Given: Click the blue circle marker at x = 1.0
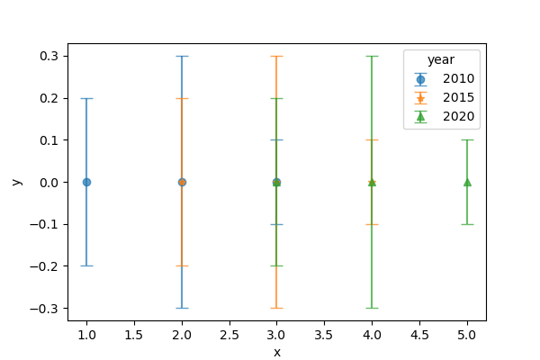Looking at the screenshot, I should tap(86, 182).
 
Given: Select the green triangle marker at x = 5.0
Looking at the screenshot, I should tap(467, 182).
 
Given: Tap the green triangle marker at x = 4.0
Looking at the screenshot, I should tap(372, 182).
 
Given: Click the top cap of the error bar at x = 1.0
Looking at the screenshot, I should tap(86, 98).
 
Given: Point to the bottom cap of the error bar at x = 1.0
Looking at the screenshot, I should tap(86, 265).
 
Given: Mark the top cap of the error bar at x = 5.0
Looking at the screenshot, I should tap(467, 139).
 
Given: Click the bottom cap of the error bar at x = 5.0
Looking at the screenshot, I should tap(467, 224).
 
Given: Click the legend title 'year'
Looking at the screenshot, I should tap(440, 60).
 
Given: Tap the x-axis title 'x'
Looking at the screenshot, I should tap(277, 352).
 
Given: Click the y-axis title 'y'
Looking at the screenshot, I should tap(16, 182).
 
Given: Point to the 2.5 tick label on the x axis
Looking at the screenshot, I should tap(229, 335).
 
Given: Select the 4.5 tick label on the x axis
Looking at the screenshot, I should tap(419, 335).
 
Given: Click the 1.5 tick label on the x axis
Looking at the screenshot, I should tap(134, 335).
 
